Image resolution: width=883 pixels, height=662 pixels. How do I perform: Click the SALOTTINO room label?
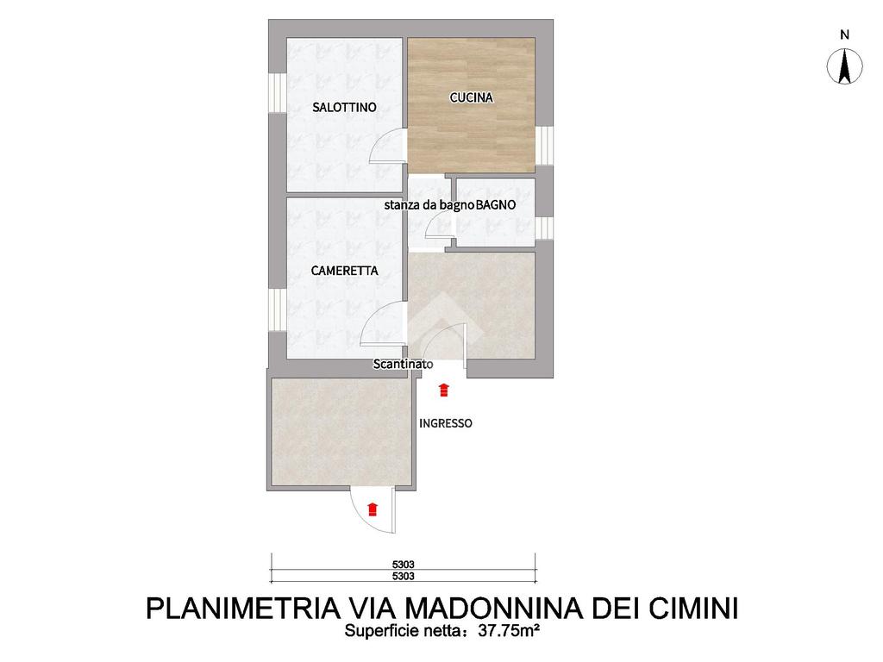[344, 107]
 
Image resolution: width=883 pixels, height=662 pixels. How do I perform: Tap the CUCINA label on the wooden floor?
[472, 97]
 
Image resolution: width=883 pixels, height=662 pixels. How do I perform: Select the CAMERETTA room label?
[344, 271]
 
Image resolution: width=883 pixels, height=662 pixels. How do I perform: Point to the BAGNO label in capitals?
[496, 205]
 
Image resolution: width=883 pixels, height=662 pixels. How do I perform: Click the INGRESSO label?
[446, 423]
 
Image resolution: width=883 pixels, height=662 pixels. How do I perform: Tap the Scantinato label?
[404, 365]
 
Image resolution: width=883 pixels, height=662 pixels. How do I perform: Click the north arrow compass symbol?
[844, 66]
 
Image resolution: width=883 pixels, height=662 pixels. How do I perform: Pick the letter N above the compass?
[844, 34]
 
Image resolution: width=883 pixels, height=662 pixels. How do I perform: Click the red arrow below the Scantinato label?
[444, 390]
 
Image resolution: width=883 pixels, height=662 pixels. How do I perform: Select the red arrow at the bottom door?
[372, 509]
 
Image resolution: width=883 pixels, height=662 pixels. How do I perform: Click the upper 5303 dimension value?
[404, 565]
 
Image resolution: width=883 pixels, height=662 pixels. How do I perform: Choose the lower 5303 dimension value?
[404, 576]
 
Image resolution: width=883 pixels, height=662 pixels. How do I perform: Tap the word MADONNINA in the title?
[493, 608]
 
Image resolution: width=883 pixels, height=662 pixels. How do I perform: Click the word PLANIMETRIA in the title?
[242, 608]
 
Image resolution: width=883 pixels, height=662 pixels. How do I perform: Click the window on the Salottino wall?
[277, 92]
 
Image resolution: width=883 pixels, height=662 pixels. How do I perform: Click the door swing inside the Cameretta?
[383, 324]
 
